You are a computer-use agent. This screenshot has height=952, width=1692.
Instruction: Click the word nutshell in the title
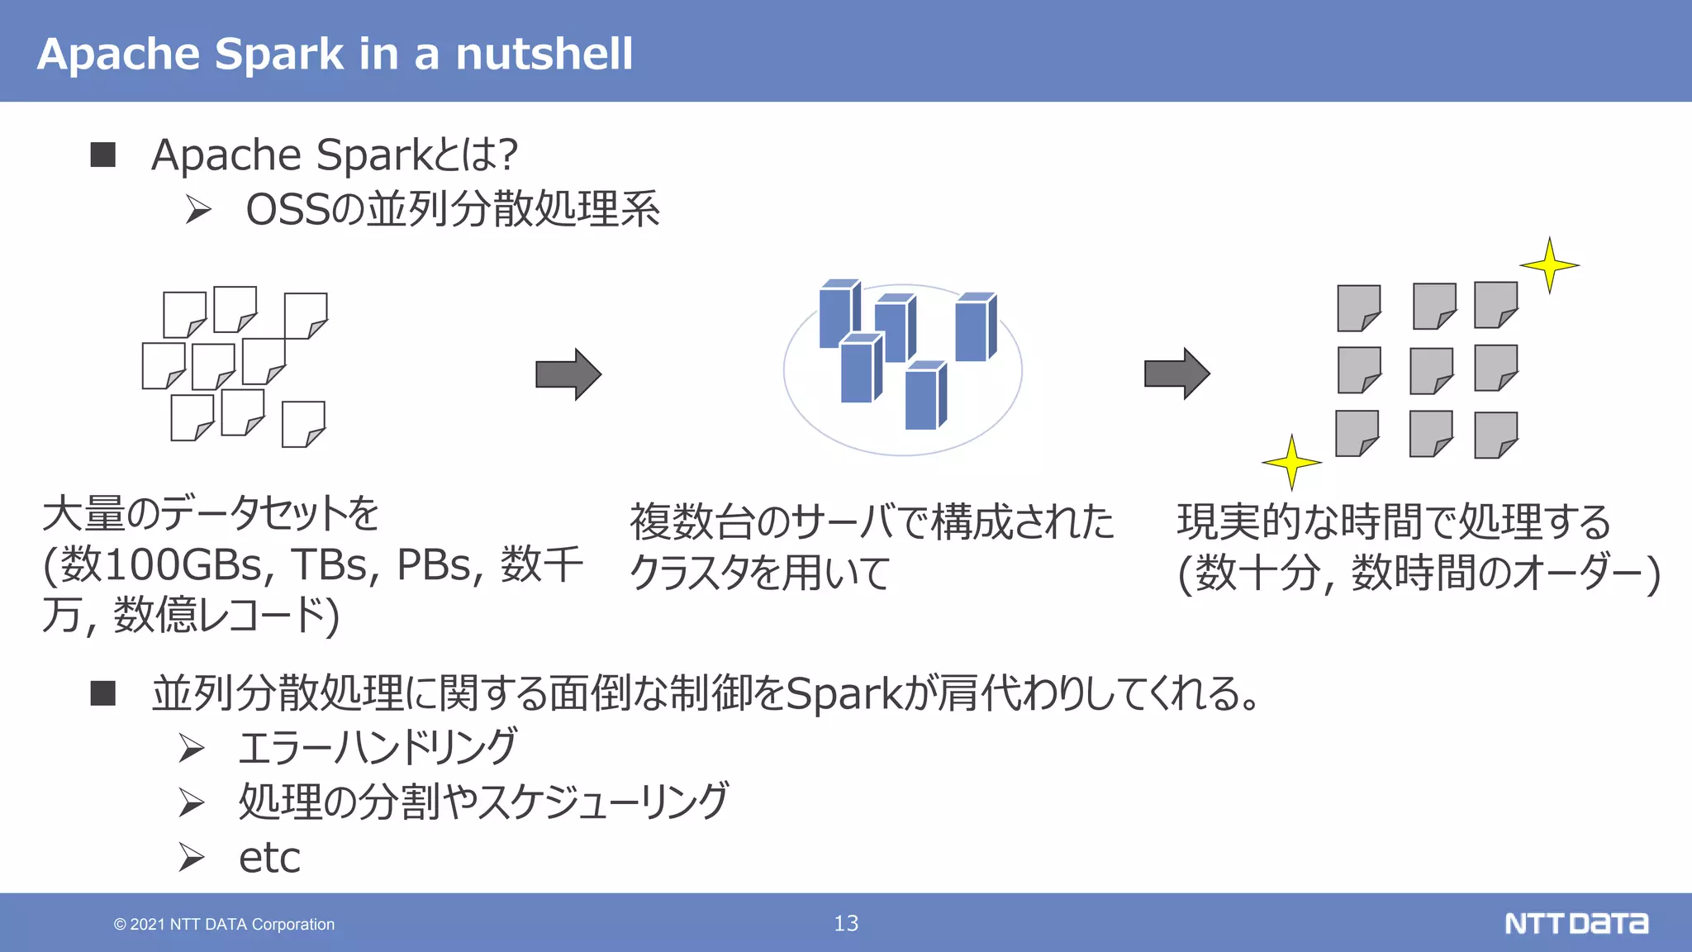(x=544, y=55)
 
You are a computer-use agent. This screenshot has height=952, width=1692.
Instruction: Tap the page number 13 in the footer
(x=846, y=923)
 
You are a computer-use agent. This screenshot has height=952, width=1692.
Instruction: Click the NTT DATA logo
(x=1576, y=923)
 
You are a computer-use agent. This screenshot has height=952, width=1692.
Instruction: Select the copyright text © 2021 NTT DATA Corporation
(x=224, y=924)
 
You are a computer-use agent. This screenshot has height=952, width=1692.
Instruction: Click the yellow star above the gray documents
(x=1549, y=265)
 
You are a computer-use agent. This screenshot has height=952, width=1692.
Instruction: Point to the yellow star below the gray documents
(x=1291, y=463)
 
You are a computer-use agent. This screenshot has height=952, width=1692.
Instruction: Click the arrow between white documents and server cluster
(x=568, y=374)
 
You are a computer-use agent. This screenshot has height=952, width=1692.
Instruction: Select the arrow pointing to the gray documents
(x=1176, y=374)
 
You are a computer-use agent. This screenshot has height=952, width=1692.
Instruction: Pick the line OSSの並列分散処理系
(x=452, y=209)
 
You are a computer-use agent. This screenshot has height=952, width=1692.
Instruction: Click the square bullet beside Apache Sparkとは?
(x=103, y=155)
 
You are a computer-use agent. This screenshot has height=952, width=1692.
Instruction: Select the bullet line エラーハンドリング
(x=378, y=747)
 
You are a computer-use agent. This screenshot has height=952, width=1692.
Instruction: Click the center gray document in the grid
(x=1431, y=370)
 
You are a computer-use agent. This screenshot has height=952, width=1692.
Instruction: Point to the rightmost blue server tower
(x=975, y=328)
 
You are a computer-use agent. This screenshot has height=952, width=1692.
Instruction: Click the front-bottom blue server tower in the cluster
(x=924, y=397)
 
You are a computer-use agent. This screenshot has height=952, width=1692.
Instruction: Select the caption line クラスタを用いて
(x=758, y=573)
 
